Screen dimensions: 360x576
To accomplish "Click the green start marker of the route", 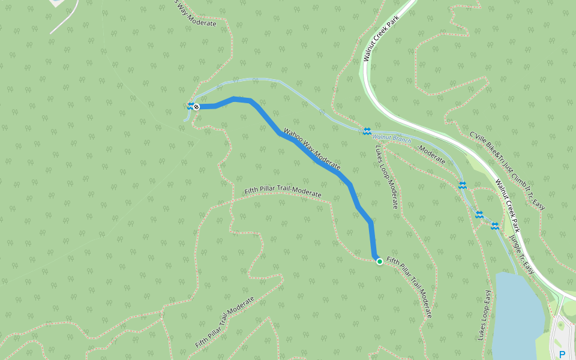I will (x=379, y=262).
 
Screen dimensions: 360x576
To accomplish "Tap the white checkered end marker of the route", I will (x=196, y=106).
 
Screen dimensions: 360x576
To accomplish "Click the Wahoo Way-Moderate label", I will (x=312, y=148).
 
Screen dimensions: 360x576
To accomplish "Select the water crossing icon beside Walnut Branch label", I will (x=367, y=131).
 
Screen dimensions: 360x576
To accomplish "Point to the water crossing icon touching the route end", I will (x=190, y=106).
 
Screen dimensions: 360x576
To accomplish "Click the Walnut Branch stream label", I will (x=396, y=139).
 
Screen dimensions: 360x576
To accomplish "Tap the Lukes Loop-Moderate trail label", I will (x=387, y=177).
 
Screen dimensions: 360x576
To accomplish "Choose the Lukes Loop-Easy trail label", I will (x=485, y=316).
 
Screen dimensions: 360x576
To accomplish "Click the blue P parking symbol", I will (x=562, y=354).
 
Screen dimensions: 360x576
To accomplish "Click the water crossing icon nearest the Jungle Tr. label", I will (x=495, y=226).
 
